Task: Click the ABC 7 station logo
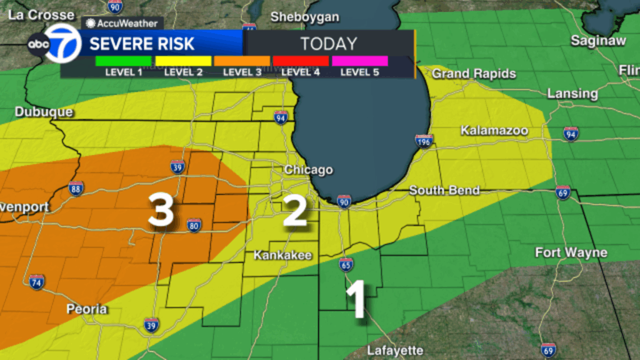(x=54, y=44)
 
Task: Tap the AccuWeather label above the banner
(x=123, y=23)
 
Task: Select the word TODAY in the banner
(x=329, y=44)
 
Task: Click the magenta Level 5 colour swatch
(x=359, y=61)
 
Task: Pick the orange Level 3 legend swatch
(x=242, y=61)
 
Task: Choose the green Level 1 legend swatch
(x=124, y=61)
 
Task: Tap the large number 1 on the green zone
(x=356, y=300)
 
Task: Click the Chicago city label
(x=308, y=170)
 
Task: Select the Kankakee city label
(x=282, y=256)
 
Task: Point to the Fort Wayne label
(x=571, y=252)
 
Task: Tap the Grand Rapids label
(x=474, y=74)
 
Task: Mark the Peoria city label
(x=87, y=309)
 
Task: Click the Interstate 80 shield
(x=194, y=225)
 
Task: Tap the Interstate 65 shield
(x=346, y=264)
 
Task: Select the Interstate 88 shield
(x=76, y=188)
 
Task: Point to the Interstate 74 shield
(x=36, y=282)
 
